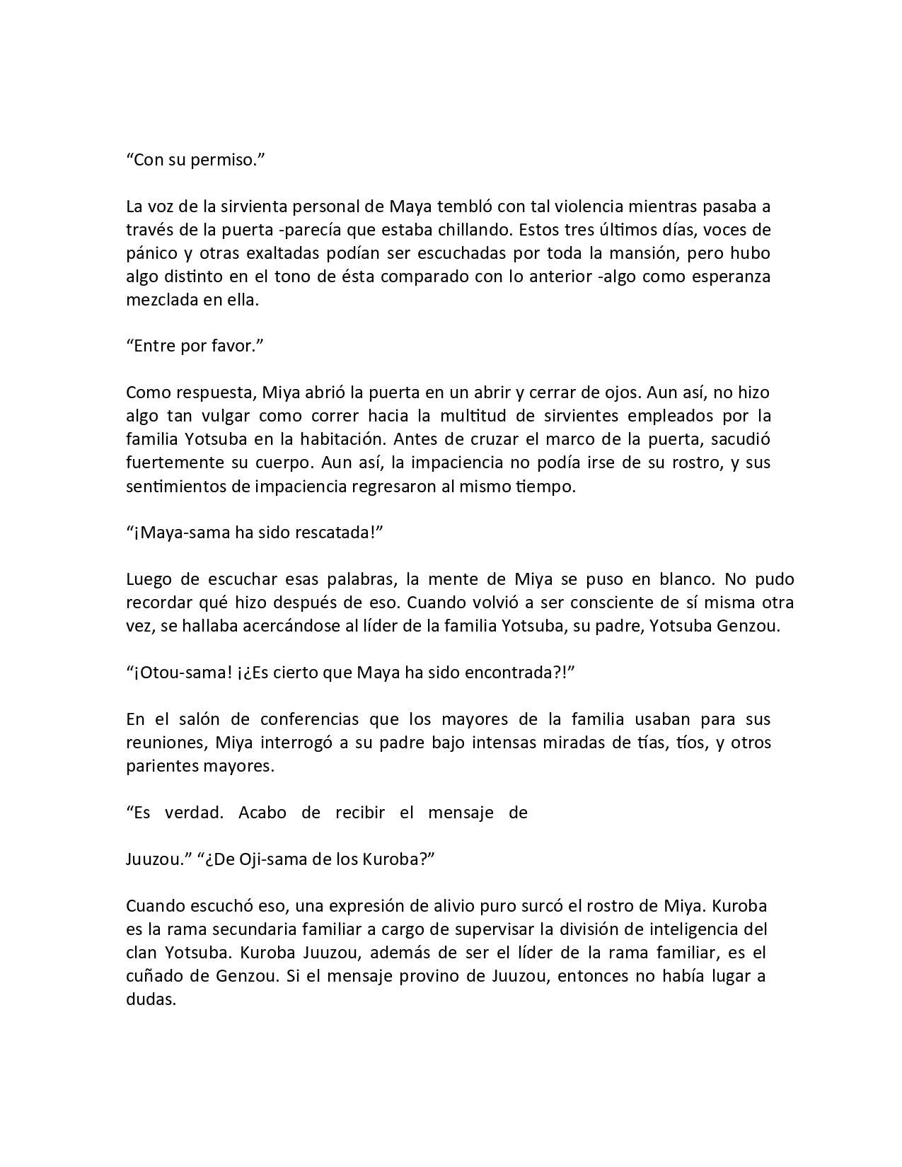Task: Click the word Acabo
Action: coord(262,813)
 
